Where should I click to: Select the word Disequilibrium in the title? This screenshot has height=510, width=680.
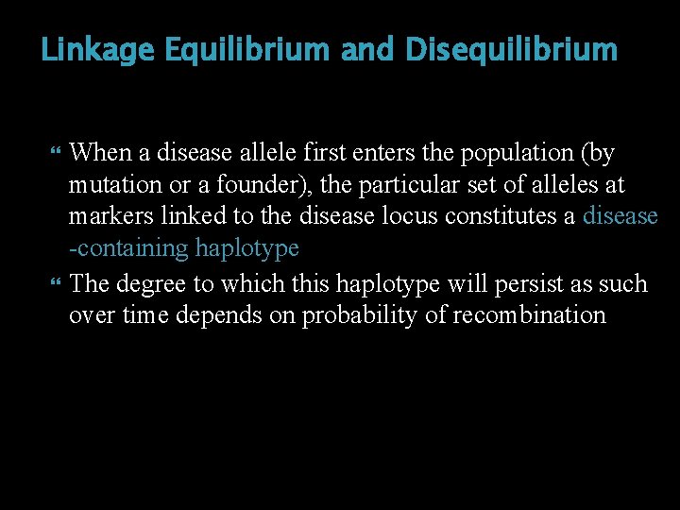click(511, 50)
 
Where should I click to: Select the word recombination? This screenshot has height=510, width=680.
click(530, 315)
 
